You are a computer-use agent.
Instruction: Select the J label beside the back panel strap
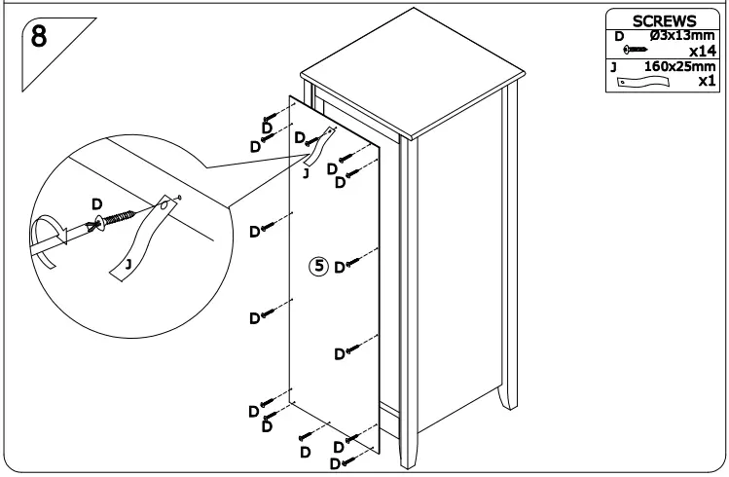coord(306,172)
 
